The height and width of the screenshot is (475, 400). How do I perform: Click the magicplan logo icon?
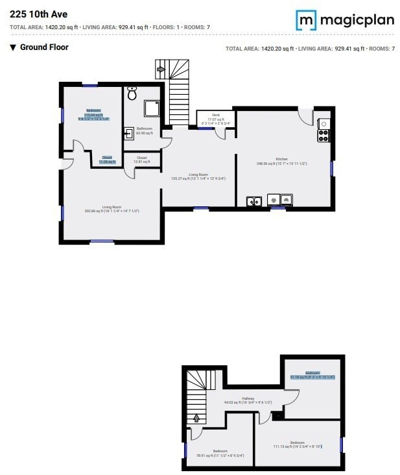pyautogui.click(x=307, y=20)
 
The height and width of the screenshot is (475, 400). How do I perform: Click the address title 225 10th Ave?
pyautogui.click(x=38, y=14)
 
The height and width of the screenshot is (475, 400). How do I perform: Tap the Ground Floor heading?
pyautogui.click(x=44, y=47)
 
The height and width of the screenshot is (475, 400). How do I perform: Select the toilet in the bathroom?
pyautogui.click(x=132, y=94)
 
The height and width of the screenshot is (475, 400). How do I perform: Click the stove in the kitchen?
pyautogui.click(x=324, y=135)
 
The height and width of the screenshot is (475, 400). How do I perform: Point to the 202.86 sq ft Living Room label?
pyautogui.click(x=112, y=209)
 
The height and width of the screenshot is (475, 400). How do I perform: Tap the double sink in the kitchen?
pyautogui.click(x=254, y=201)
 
